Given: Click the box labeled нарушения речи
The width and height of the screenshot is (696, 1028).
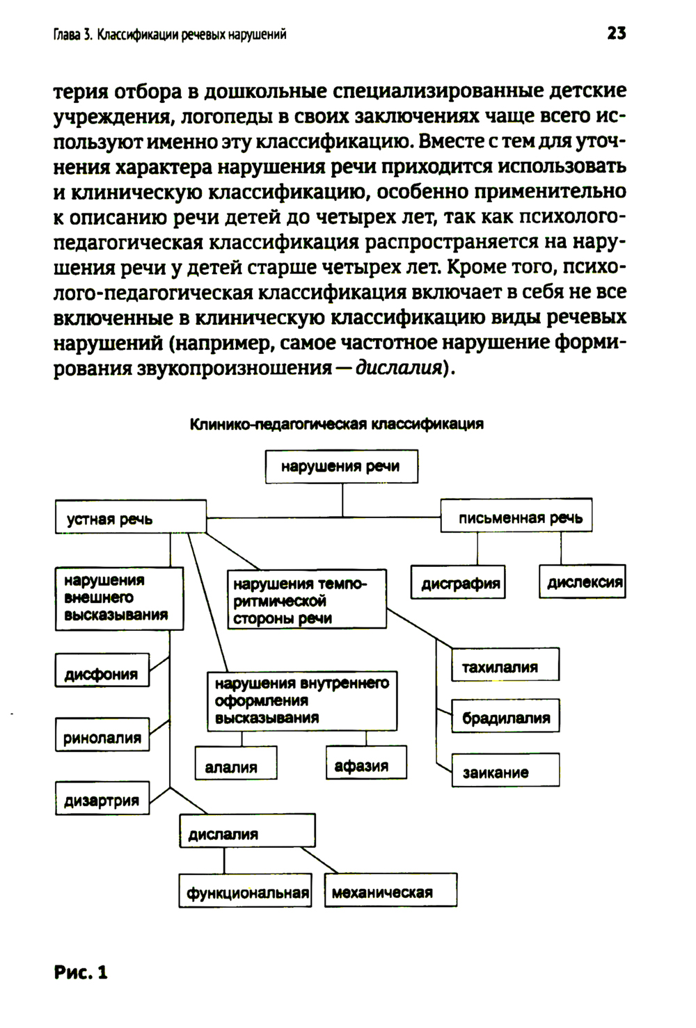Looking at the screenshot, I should [x=342, y=466].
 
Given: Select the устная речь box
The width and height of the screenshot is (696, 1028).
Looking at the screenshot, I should [x=131, y=517].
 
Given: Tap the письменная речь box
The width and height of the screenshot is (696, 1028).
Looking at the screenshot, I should [x=516, y=515].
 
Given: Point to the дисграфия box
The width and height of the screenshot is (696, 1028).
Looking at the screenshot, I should [x=458, y=583].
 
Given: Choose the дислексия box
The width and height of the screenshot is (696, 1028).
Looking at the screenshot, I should [x=583, y=581].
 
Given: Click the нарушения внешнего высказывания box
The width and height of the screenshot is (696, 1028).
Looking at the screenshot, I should [x=119, y=598].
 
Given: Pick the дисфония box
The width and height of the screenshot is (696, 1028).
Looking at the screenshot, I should [x=102, y=671].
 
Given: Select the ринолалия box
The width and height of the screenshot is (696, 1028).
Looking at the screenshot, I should [x=102, y=735].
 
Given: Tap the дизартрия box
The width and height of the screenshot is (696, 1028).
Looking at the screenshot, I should [x=102, y=798].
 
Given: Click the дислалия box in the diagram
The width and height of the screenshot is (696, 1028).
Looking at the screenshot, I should [x=247, y=831].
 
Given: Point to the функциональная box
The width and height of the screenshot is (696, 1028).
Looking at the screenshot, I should [x=246, y=890].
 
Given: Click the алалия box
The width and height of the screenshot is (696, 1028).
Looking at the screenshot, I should [x=236, y=764].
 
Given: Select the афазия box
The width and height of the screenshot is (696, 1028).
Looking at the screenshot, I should [x=366, y=763].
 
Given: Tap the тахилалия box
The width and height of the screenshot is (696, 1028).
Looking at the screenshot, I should [x=505, y=665].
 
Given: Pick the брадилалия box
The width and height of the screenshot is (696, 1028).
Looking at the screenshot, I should [x=505, y=716].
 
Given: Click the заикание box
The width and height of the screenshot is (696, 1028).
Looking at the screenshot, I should [x=505, y=770].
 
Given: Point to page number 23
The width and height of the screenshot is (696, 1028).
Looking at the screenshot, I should [x=616, y=33].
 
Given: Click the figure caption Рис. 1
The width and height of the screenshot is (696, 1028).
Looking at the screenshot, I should [x=81, y=971].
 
